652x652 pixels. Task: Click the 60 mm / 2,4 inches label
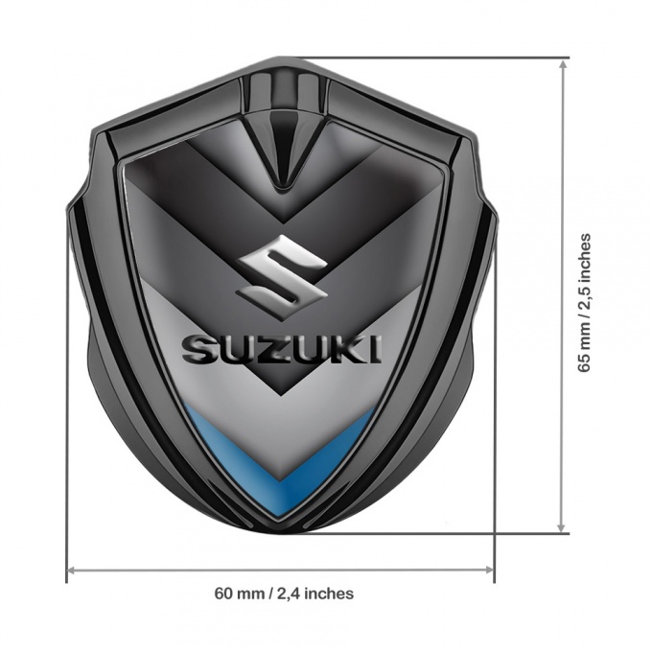pos(284,594)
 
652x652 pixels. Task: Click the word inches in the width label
pos(331,594)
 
